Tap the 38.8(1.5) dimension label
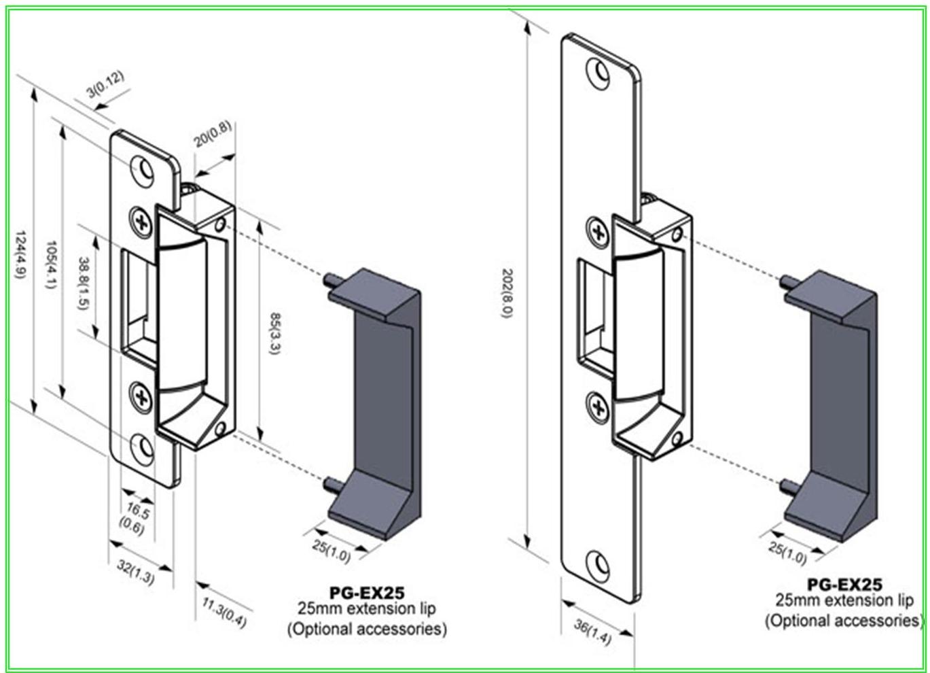coord(83,283)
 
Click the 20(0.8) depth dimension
coord(213,134)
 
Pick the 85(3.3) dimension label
coord(274,334)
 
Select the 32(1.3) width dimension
coord(136,572)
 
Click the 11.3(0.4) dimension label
coord(225,611)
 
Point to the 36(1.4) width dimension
coord(592,632)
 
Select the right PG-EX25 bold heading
coord(844,584)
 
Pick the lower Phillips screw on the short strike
coord(141,397)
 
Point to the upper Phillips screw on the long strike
coord(598,232)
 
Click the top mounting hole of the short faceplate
coord(143,169)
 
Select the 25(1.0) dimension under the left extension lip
coord(332,551)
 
